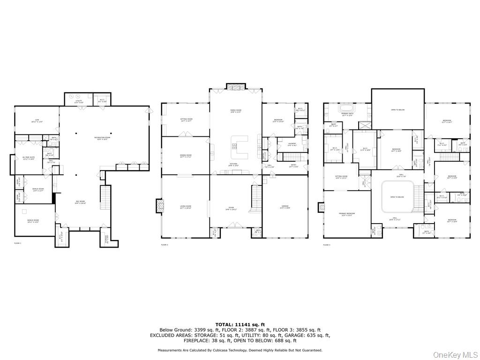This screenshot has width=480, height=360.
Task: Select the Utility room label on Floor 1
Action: pos(79,102)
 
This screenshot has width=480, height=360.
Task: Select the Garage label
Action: pos(285,207)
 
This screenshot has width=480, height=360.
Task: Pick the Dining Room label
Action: pos(186,156)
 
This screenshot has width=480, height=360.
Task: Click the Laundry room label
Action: pos(292,145)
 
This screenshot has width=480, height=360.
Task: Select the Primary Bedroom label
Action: pos(347,214)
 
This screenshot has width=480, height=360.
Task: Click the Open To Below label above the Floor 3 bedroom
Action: pos(397,110)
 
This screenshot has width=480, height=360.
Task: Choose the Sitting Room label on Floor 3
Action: pos(341,177)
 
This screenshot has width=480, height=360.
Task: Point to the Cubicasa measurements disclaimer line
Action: pos(240,350)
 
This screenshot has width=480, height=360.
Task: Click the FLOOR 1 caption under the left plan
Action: pos(18,244)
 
